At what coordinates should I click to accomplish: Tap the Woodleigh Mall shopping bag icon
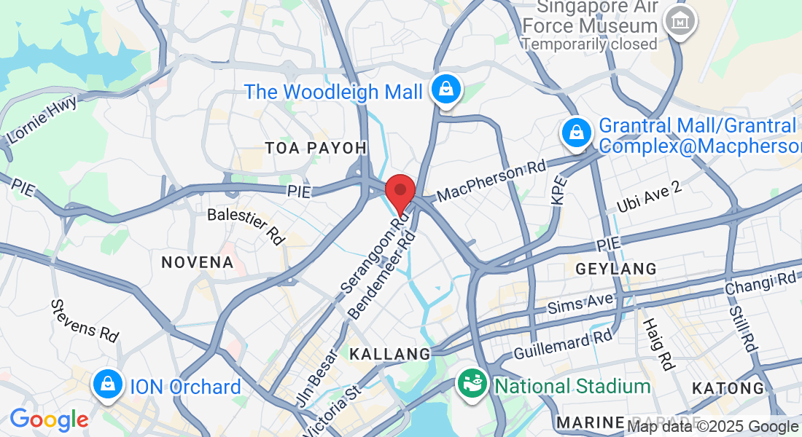pos(443,90)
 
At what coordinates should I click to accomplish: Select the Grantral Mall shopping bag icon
pos(576,133)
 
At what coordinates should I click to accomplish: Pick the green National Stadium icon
pos(471,384)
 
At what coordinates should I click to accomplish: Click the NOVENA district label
pos(197,262)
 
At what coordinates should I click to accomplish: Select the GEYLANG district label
pos(616,269)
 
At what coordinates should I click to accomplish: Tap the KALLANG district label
pos(390,355)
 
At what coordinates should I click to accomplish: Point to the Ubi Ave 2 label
pos(648,198)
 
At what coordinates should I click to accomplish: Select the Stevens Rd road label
pos(84,320)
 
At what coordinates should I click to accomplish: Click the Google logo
pos(49,420)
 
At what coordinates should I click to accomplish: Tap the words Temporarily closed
pos(589,44)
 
